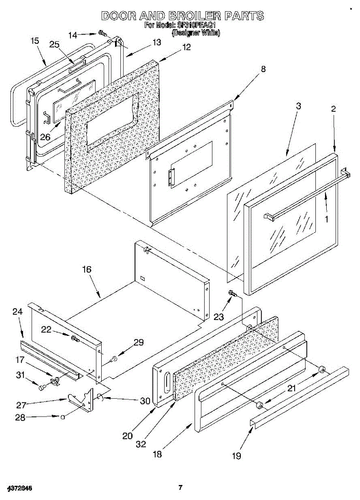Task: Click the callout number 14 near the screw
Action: click(73, 35)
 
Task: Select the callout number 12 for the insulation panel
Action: click(186, 47)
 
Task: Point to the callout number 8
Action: click(263, 69)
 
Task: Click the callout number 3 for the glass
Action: click(298, 106)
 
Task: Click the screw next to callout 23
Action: click(232, 294)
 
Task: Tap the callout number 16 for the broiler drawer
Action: click(87, 270)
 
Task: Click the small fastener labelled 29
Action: click(113, 358)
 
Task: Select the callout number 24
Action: click(17, 312)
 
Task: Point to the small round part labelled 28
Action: click(62, 416)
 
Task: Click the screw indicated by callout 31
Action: click(41, 387)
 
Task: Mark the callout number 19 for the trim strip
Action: click(236, 456)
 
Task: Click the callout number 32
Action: click(141, 444)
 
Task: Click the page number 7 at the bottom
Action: click(180, 487)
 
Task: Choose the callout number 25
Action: click(55, 45)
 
